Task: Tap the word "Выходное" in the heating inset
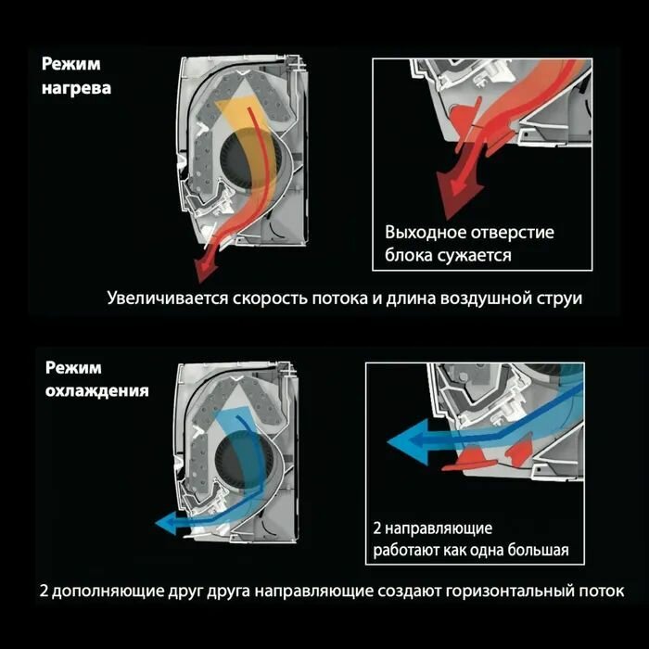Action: coord(423,233)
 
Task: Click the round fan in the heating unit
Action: coord(243,159)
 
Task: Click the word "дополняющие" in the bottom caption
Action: coord(103,591)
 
